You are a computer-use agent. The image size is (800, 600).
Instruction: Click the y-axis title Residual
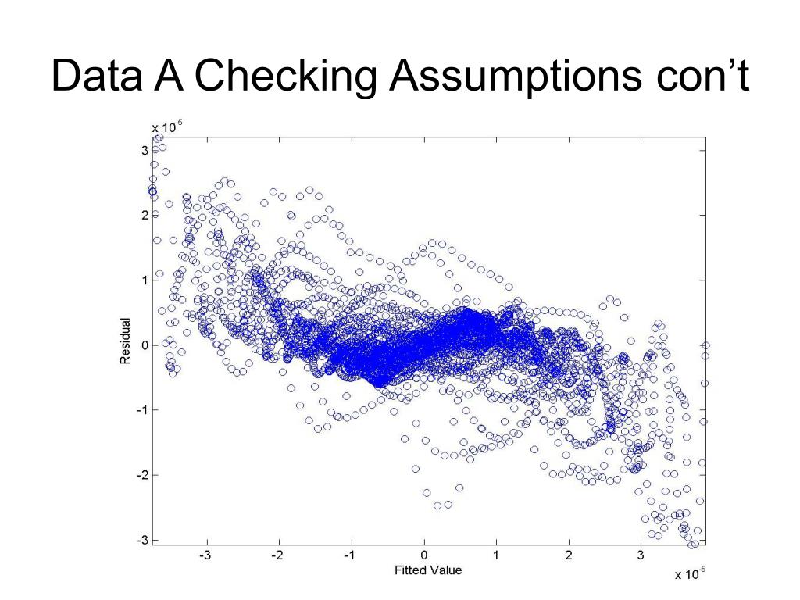pyautogui.click(x=124, y=339)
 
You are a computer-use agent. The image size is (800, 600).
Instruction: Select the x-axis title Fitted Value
pyautogui.click(x=427, y=570)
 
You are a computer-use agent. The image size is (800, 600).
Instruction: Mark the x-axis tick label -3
pyautogui.click(x=205, y=555)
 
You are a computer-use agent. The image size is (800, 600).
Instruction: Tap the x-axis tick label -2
pyautogui.click(x=277, y=555)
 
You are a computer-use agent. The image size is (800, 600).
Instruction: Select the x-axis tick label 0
pyautogui.click(x=424, y=555)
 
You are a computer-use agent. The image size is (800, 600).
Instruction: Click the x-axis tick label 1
pyautogui.click(x=496, y=555)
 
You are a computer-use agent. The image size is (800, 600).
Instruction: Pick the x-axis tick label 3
pyautogui.click(x=641, y=555)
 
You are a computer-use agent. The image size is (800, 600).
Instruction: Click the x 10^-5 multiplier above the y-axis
pyautogui.click(x=166, y=126)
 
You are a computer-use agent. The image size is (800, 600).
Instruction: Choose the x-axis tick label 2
pyautogui.click(x=569, y=555)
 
